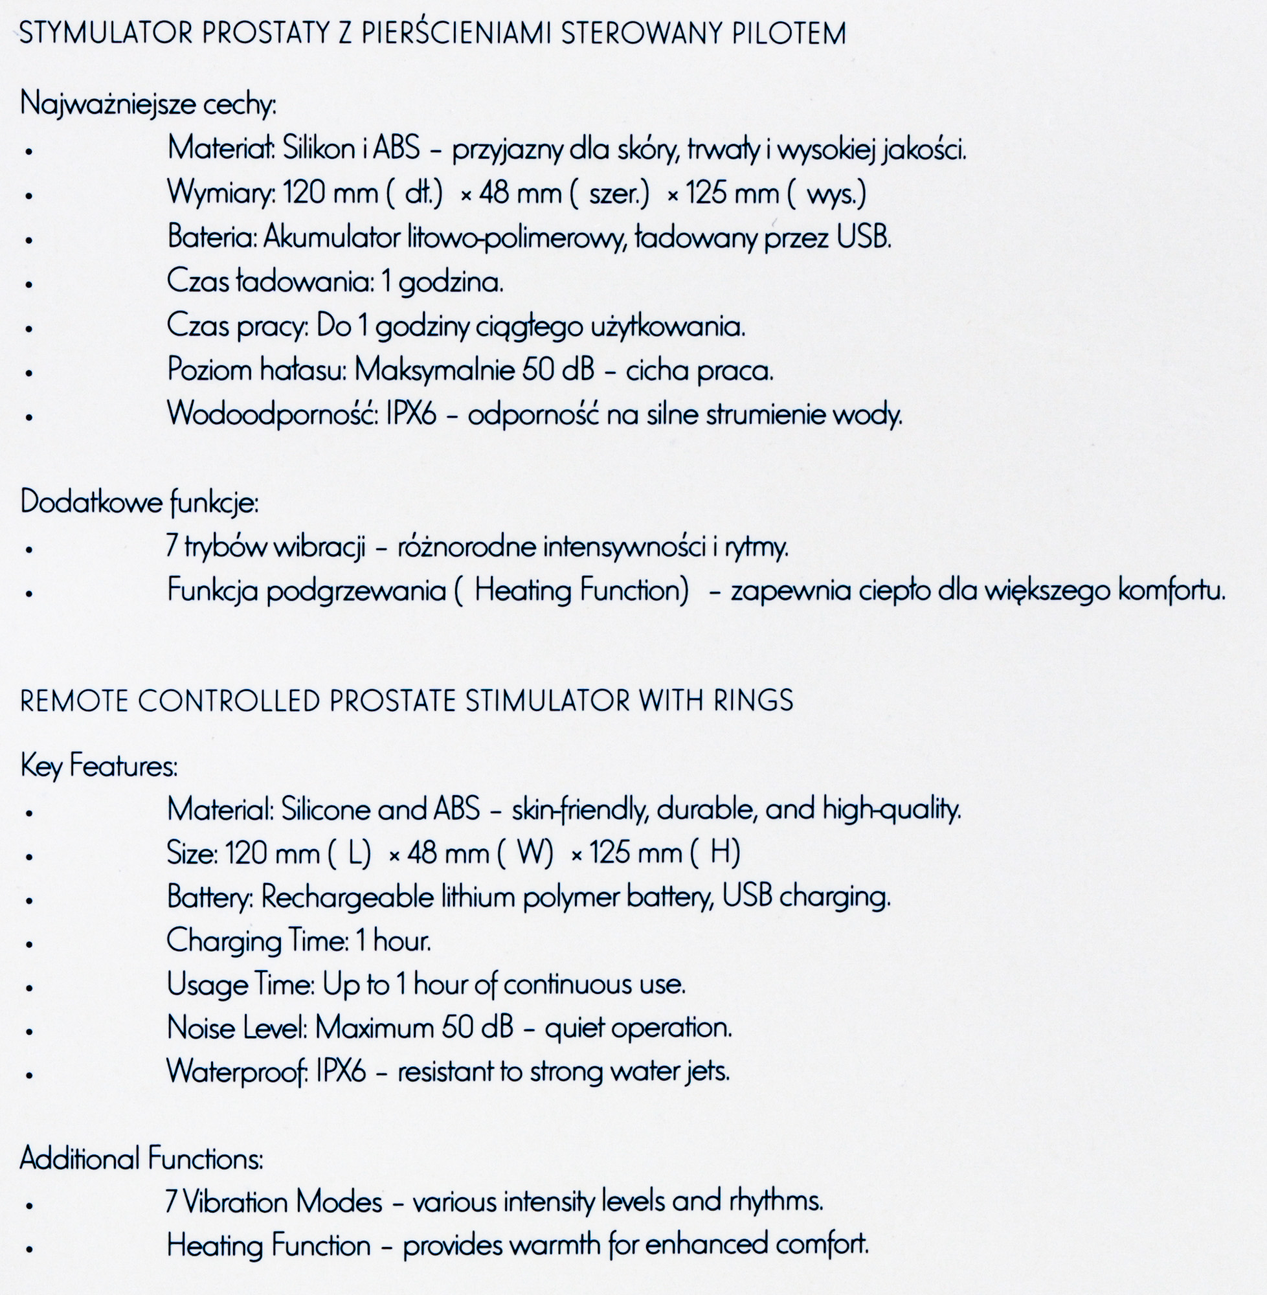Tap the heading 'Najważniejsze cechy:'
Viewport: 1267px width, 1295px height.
(148, 105)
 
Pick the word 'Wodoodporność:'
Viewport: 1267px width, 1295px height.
(271, 415)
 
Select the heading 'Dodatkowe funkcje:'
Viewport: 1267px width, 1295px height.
(139, 503)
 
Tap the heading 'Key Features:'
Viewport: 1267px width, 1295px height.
(99, 767)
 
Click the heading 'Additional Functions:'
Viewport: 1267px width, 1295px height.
(142, 1159)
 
